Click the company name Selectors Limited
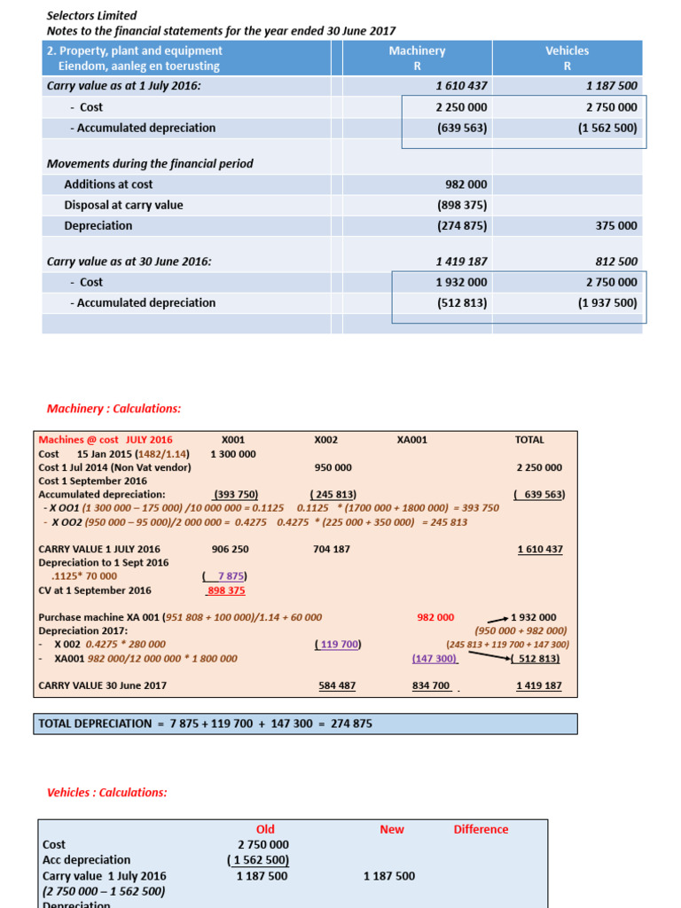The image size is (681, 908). point(91,15)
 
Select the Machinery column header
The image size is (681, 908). point(417,51)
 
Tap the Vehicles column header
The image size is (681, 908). point(567,51)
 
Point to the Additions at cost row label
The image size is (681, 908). point(108,184)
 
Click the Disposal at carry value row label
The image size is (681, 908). point(123,205)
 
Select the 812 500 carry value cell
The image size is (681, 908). point(611,262)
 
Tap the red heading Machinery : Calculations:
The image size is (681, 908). point(113,409)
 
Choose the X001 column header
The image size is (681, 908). point(233,440)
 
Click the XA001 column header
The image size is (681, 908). point(412,440)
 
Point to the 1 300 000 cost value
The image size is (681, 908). point(233,454)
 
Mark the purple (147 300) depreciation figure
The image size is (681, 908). point(434,659)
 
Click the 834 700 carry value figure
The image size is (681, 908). point(432,685)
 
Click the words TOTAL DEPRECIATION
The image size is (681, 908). point(95,724)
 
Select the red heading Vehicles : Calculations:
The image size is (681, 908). point(106,793)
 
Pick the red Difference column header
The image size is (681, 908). point(481,830)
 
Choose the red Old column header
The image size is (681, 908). point(265,830)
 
